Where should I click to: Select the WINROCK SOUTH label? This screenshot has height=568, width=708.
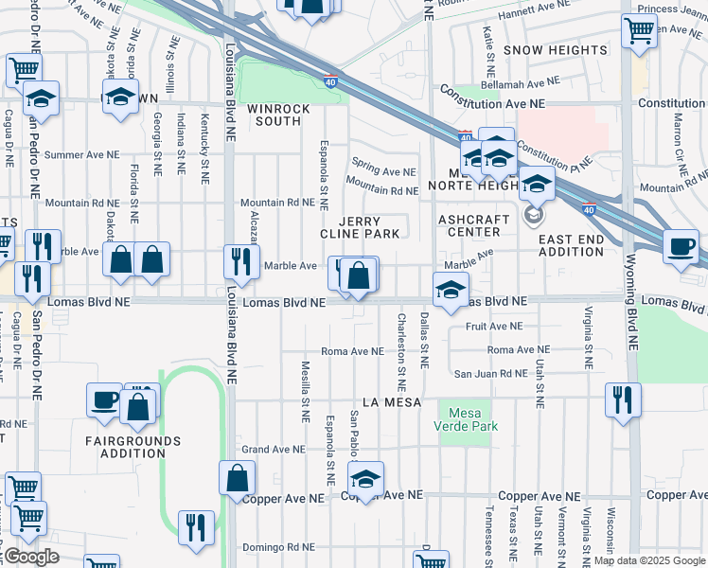[x=280, y=115]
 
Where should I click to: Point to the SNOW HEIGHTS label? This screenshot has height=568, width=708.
[x=556, y=49]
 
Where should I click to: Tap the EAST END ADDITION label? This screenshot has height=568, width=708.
[x=571, y=245]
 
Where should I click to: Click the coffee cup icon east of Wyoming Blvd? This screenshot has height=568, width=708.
[x=681, y=248]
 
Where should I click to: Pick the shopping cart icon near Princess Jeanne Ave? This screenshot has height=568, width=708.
[x=640, y=30]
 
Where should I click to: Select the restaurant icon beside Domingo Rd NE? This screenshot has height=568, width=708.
[x=196, y=528]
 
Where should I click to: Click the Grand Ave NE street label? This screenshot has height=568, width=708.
[x=274, y=450]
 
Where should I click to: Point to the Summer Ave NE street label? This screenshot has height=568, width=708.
[x=81, y=154]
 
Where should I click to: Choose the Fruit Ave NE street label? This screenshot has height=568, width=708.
[x=494, y=326]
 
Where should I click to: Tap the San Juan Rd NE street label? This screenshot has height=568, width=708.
[x=488, y=374]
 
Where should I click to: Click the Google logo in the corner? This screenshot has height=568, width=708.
[x=30, y=557]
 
